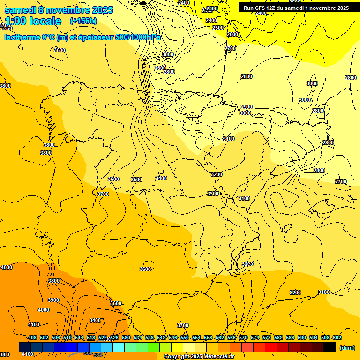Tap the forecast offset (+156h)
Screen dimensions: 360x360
[x=83, y=21]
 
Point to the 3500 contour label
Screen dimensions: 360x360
[x=136, y=180]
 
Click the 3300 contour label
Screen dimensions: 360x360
[x=213, y=194]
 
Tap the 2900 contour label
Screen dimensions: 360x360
[x=247, y=107]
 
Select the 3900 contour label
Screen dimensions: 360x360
[x=53, y=300]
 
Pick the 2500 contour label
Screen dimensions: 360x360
[x=218, y=28]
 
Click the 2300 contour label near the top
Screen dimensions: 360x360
[x=212, y=8]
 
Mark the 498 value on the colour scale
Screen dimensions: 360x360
[x=32, y=337]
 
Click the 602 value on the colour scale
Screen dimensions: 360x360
[x=337, y=337]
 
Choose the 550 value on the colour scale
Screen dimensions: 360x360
[x=185, y=337]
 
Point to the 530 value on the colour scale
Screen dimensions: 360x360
[x=126, y=337]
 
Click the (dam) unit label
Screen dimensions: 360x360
[x=347, y=347]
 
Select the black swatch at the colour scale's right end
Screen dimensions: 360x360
[x=330, y=347]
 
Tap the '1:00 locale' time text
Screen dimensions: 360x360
[x=33, y=21]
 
